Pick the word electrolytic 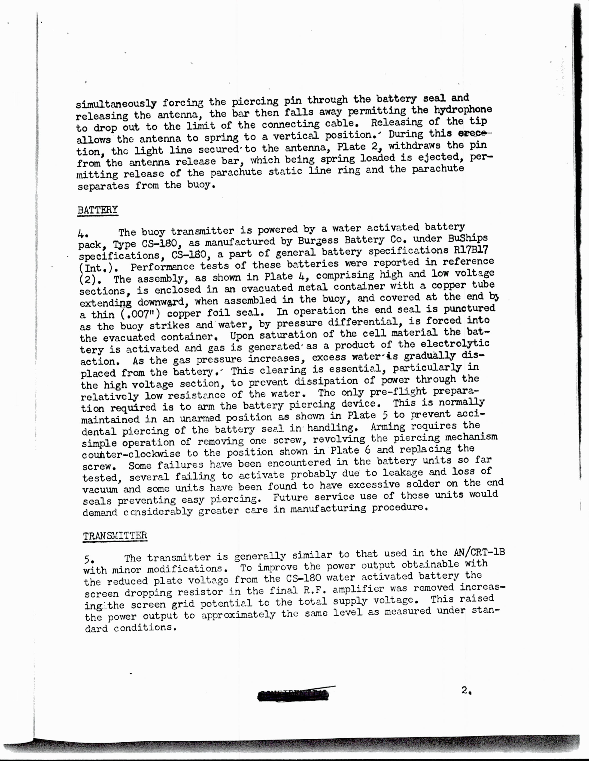click(455, 344)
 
